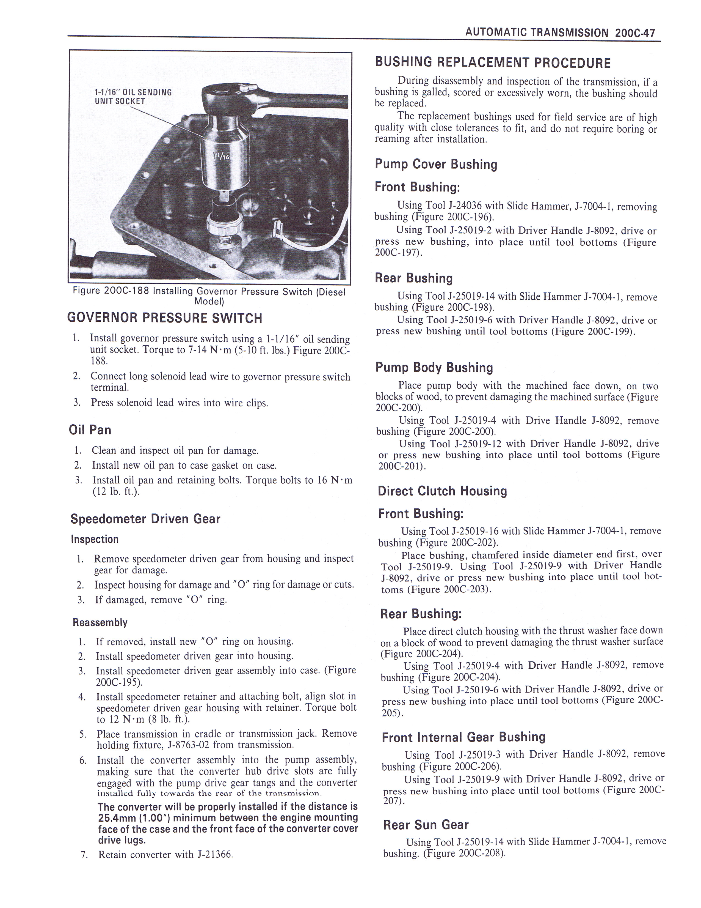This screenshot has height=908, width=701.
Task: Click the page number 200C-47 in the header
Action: (x=635, y=32)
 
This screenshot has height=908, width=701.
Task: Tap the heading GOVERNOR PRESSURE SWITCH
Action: (x=164, y=318)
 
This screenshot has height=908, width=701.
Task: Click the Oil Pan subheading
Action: (x=90, y=430)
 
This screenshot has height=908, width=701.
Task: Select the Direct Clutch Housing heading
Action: (x=442, y=491)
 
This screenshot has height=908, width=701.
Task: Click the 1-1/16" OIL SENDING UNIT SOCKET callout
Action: (x=133, y=97)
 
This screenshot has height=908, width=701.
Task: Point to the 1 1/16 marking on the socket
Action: (x=222, y=156)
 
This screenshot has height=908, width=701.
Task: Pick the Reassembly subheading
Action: (x=100, y=622)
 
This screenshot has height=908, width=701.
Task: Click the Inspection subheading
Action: (x=95, y=539)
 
